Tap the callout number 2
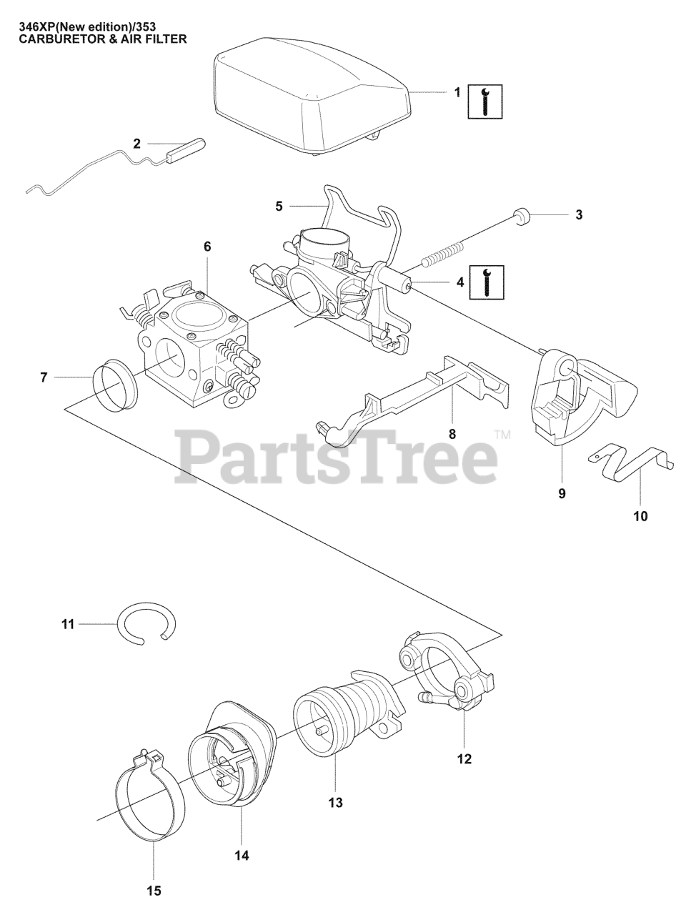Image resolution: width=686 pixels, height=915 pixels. click(x=136, y=144)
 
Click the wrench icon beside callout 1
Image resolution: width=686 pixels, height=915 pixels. click(x=484, y=101)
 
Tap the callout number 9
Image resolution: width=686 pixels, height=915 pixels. click(x=562, y=493)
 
